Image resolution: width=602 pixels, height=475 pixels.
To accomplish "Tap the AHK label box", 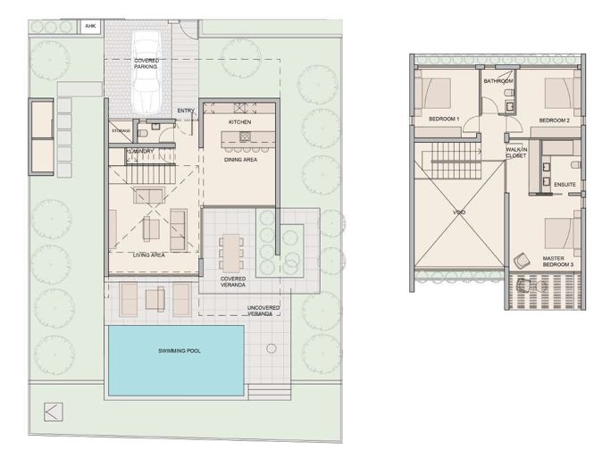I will click(x=90, y=26).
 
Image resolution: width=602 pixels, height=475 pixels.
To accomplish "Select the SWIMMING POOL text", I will click(x=174, y=351).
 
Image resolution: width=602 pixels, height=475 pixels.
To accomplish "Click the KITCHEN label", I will click(x=239, y=121).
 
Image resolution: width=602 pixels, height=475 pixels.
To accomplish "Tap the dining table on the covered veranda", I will click(x=232, y=251).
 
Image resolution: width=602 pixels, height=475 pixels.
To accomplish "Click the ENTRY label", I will click(x=186, y=111).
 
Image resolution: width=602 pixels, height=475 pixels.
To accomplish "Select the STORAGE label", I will click(x=121, y=131).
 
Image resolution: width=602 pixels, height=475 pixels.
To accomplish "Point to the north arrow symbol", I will click(x=53, y=412).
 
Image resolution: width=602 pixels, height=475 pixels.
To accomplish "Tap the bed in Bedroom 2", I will click(x=559, y=92).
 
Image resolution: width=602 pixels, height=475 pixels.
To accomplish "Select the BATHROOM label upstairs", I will click(x=497, y=81).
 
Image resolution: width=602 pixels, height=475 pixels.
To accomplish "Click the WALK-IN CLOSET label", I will click(x=516, y=153).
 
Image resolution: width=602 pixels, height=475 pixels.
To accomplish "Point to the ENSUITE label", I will click(x=564, y=185).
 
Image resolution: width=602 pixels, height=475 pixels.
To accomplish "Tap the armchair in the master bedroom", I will click(x=521, y=261).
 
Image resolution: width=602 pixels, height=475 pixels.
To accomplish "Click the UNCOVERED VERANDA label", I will click(x=263, y=310).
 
